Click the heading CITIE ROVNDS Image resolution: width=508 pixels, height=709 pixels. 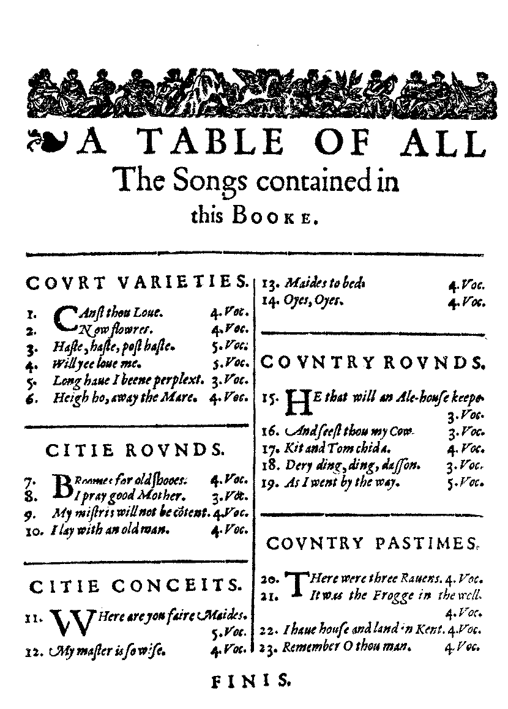pos(135,451)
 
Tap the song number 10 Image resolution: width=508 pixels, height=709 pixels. pos(35,530)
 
